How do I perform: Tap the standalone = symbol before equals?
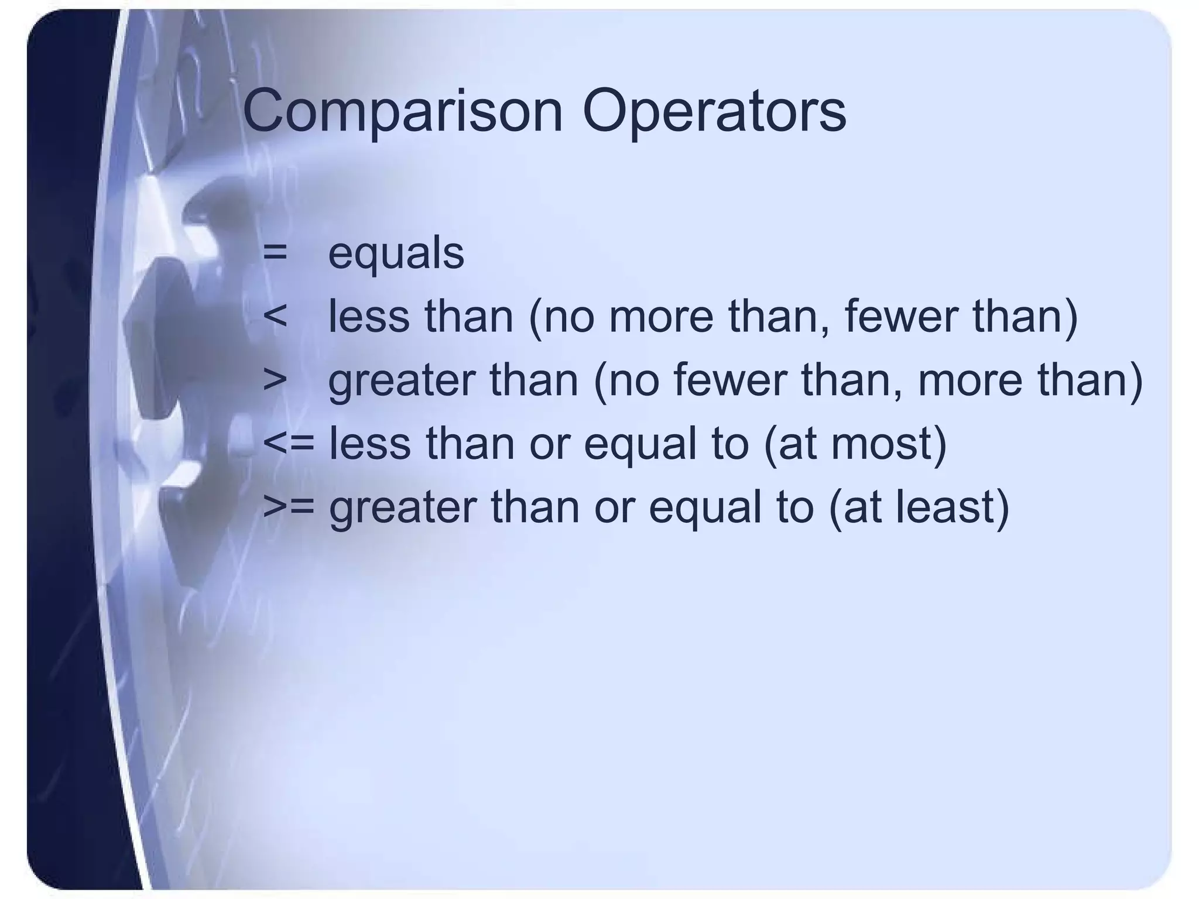click(x=275, y=253)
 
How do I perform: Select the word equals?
click(x=396, y=254)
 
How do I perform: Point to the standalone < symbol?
click(x=275, y=317)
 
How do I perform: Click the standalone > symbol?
click(x=275, y=380)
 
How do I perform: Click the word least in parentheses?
click(x=946, y=506)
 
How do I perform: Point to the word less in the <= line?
click(x=369, y=443)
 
